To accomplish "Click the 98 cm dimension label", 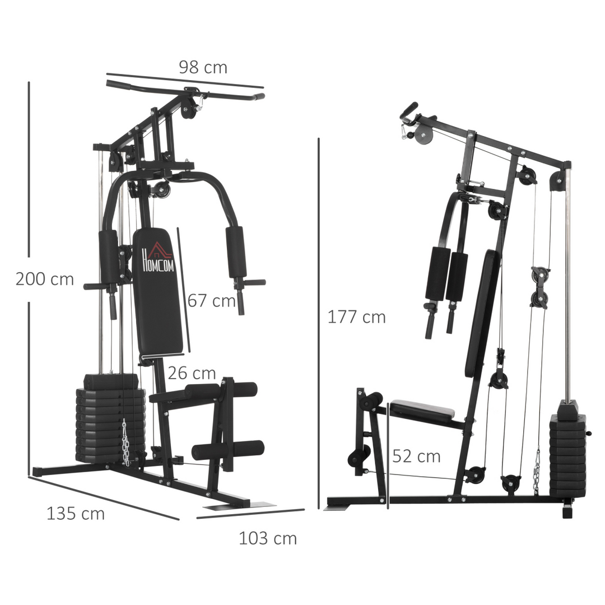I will pos(203,68).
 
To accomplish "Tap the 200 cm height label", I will pos(45,279).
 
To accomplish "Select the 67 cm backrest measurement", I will pos(211,301).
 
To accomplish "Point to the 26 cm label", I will pos(192,373).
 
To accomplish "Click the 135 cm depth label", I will pos(76,513).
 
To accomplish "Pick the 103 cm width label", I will pos(268,539).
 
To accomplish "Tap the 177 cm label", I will pos(357,317).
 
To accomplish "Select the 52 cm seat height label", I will pos(416,456).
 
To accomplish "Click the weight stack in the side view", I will pos(567,454).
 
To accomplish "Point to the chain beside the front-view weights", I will pos(126,443).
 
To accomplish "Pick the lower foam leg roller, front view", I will pos(227,449).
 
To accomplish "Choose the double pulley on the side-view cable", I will pos(539,287).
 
